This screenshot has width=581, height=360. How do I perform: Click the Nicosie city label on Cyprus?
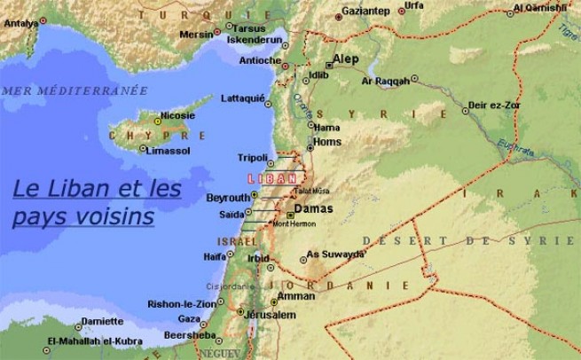pyautogui.click(x=177, y=115)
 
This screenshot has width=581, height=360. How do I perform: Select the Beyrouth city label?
pyautogui.click(x=228, y=197)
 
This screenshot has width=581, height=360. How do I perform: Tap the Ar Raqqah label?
pyautogui.click(x=386, y=81)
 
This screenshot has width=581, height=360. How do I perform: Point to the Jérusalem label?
pyautogui.click(x=270, y=315)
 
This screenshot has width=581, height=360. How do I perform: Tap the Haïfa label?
pyautogui.click(x=215, y=256)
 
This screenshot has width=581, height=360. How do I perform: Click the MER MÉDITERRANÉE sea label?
pyautogui.click(x=75, y=90)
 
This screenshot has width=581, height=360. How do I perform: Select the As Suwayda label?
pyautogui.click(x=335, y=254)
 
